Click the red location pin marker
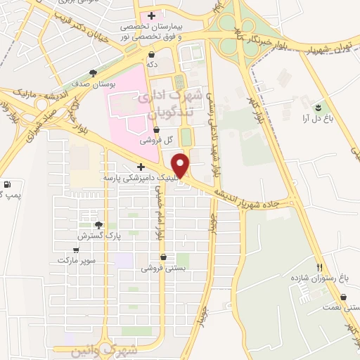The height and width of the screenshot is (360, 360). pyautogui.click(x=181, y=165)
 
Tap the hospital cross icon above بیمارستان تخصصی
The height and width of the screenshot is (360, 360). pyautogui.click(x=151, y=15)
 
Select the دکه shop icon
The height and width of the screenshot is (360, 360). pyautogui.click(x=152, y=53)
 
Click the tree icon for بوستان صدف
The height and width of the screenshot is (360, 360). pyautogui.click(x=93, y=73)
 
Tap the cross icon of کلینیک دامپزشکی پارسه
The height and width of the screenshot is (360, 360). pyautogui.click(x=141, y=167)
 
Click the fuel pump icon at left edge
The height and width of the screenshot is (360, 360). pyautogui.click(x=7, y=185)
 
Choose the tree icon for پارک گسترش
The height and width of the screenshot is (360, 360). pyautogui.click(x=98, y=225)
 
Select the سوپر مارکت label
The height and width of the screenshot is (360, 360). pyautogui.click(x=76, y=260)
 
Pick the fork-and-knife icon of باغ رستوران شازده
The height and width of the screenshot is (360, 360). pyautogui.click(x=320, y=267)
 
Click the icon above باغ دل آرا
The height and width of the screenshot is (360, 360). pyautogui.click(x=319, y=107)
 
